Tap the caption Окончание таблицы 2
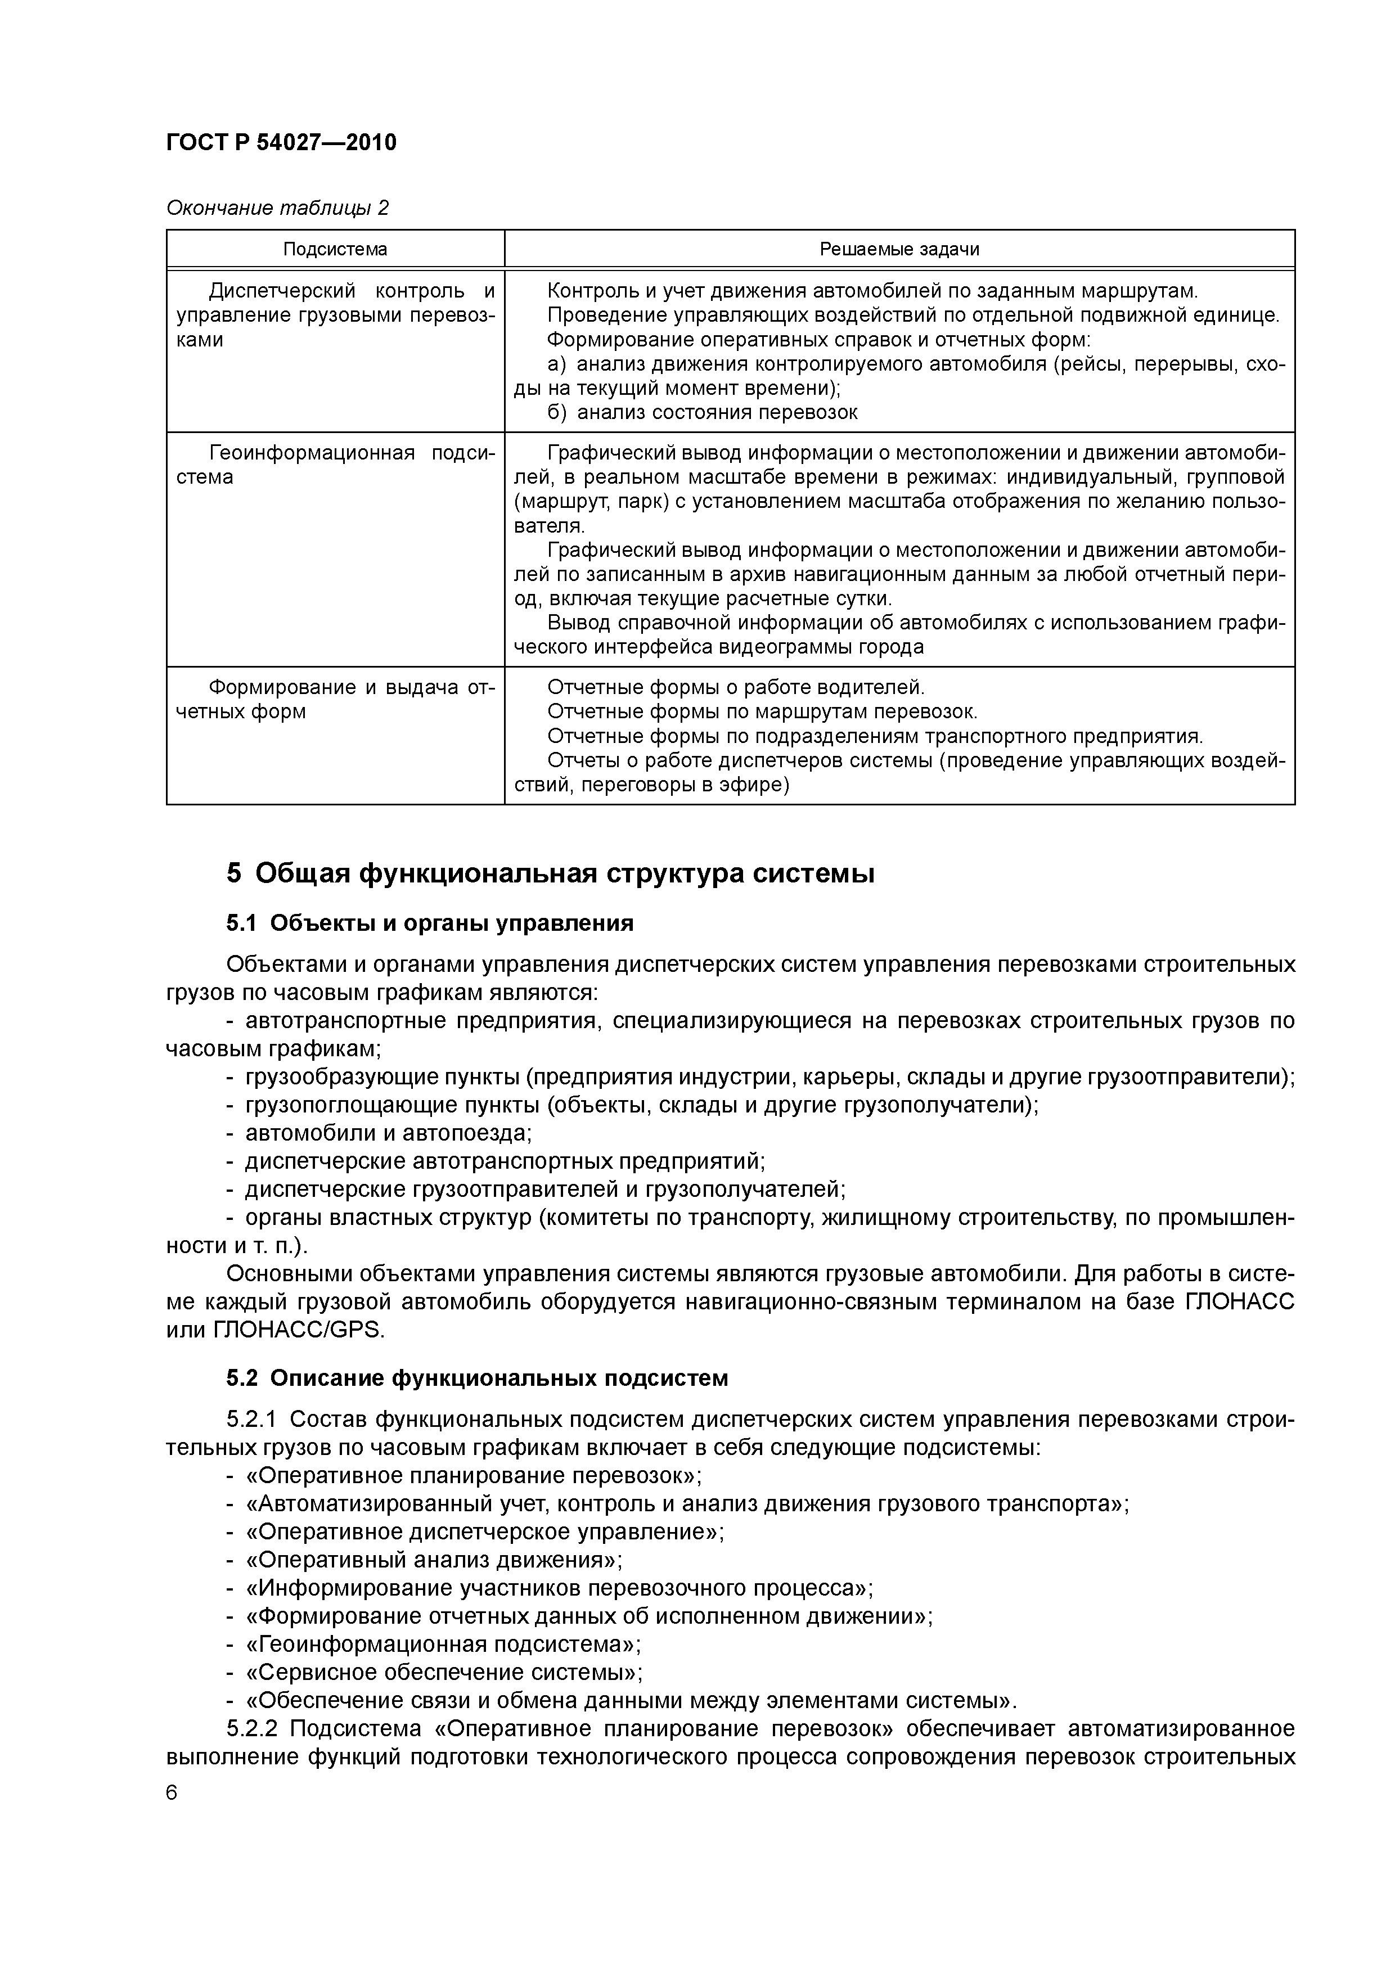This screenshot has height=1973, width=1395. pyautogui.click(x=277, y=208)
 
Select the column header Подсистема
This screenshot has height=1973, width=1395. pyautogui.click(x=335, y=249)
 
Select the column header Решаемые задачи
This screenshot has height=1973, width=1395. pyautogui.click(x=899, y=249)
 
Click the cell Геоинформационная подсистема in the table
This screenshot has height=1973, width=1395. pyautogui.click(x=335, y=465)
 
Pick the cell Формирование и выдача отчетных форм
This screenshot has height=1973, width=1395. pyautogui.click(x=335, y=700)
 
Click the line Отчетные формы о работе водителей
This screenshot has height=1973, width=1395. pyautogui.click(x=736, y=687)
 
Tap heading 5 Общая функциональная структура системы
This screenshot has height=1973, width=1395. pyautogui.click(x=551, y=874)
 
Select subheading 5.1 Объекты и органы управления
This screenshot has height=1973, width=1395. pyautogui.click(x=430, y=924)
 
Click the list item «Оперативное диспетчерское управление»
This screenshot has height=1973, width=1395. pyautogui.click(x=485, y=1532)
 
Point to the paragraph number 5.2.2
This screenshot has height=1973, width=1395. pyautogui.click(x=254, y=1729)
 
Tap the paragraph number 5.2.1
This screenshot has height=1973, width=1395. pyautogui.click(x=254, y=1420)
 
